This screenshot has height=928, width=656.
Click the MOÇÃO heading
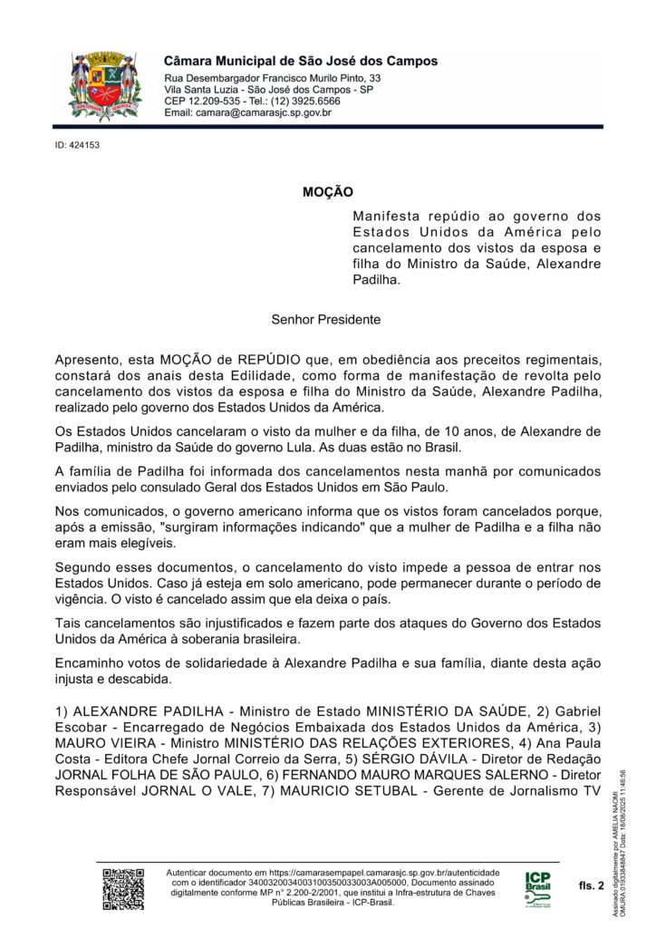coord(327,192)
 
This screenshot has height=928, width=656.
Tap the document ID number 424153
coord(77,145)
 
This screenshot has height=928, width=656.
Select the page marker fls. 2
coord(590,885)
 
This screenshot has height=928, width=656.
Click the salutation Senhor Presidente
coord(325,320)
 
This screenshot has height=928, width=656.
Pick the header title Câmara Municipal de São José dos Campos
coord(301,61)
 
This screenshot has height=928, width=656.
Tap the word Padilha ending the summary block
coord(375,281)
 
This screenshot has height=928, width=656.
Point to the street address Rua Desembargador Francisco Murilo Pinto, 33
coord(272,79)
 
